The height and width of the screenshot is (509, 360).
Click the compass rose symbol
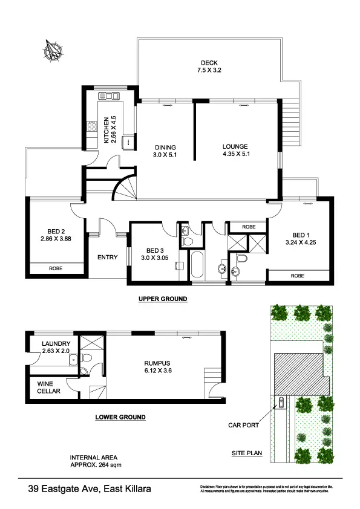(53, 50)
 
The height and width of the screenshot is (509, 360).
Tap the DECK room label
(210, 63)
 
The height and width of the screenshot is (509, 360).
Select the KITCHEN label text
(106, 129)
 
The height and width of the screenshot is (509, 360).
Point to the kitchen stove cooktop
(93, 126)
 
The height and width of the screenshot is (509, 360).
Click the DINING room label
(165, 147)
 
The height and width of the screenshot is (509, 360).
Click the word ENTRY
(107, 258)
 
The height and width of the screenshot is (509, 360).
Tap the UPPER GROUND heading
(163, 299)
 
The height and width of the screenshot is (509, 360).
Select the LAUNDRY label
(56, 344)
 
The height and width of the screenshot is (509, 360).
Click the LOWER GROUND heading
(120, 417)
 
